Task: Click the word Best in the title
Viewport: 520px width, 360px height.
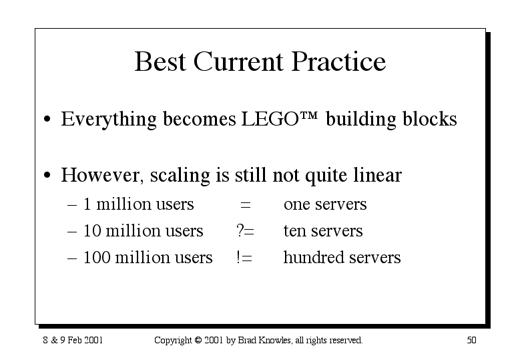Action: coord(160,61)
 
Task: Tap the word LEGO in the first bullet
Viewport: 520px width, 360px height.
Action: coord(270,119)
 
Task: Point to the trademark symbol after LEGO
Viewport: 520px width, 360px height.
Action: coord(309,116)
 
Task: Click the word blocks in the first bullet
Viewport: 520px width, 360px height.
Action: coord(429,118)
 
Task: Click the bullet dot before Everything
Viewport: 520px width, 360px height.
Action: coord(47,119)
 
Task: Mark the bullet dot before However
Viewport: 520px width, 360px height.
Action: coord(47,175)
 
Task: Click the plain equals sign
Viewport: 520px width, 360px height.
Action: coord(246,204)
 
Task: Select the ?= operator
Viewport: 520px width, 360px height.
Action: coord(245,230)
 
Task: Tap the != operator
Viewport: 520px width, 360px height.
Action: coord(244,257)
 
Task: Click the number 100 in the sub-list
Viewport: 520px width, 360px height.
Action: coord(97,257)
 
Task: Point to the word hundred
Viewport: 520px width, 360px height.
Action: coord(314,257)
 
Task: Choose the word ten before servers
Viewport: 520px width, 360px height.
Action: coord(294,231)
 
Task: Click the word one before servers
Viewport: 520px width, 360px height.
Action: coord(296,205)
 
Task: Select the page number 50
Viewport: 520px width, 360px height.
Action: coord(471,340)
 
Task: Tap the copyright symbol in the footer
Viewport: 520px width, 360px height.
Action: coord(198,340)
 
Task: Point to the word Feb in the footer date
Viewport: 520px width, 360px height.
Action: coord(75,340)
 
